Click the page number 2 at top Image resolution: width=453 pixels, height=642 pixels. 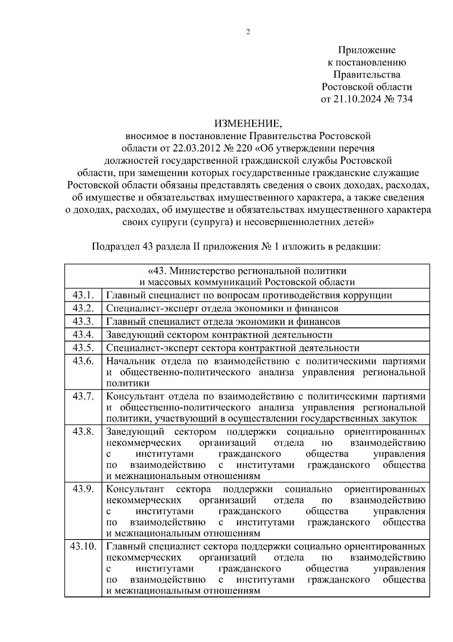pos(248,33)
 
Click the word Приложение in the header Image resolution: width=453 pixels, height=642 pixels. pos(367,50)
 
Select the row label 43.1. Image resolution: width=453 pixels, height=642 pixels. pos(83,295)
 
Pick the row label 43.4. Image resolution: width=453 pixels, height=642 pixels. pos(83,335)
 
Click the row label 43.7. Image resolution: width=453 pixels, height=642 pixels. pos(83,396)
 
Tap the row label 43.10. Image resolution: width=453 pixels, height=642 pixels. pos(83,546)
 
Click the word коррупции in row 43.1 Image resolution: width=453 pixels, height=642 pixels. pos(369,295)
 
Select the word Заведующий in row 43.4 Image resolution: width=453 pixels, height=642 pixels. pos(135,335)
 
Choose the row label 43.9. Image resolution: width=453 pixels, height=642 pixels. pos(83,489)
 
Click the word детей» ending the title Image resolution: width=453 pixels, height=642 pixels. pos(357,222)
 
